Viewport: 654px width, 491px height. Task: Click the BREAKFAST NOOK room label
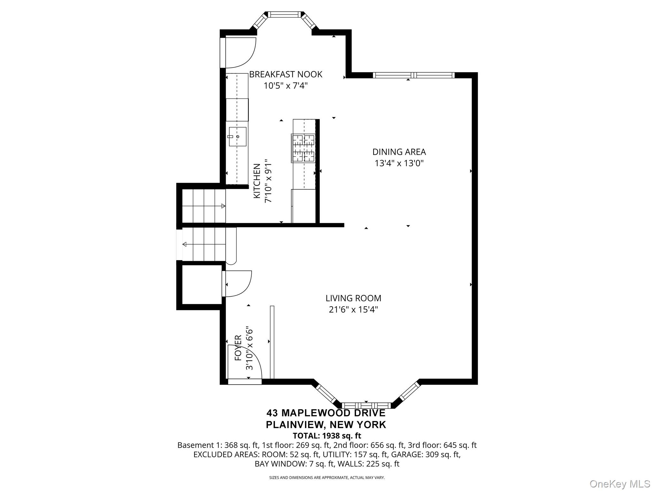tap(285, 74)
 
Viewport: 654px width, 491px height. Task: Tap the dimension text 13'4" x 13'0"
tap(399, 163)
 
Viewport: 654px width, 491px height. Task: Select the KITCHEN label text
tap(257, 181)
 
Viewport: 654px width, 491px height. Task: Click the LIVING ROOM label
tap(353, 298)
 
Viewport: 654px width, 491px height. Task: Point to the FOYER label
tap(238, 353)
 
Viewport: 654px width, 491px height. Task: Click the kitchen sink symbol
tap(237, 136)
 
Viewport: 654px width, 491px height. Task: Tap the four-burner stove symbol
tap(304, 148)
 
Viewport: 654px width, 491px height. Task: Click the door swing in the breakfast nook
tap(240, 53)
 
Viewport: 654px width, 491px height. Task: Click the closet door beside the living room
tap(236, 284)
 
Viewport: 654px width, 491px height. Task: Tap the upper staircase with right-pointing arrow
tap(203, 206)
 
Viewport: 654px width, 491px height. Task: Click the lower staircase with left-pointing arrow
tap(203, 245)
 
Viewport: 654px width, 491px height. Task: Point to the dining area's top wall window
tap(414, 75)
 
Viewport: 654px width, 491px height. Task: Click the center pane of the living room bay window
tap(366, 406)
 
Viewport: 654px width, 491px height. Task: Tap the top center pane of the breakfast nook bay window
tap(284, 14)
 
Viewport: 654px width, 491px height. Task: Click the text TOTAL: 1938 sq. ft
tap(327, 436)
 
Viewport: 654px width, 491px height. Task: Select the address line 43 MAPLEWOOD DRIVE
tap(326, 413)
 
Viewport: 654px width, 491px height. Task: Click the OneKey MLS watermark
tap(620, 484)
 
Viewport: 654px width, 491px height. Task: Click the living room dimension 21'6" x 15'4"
tap(353, 310)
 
